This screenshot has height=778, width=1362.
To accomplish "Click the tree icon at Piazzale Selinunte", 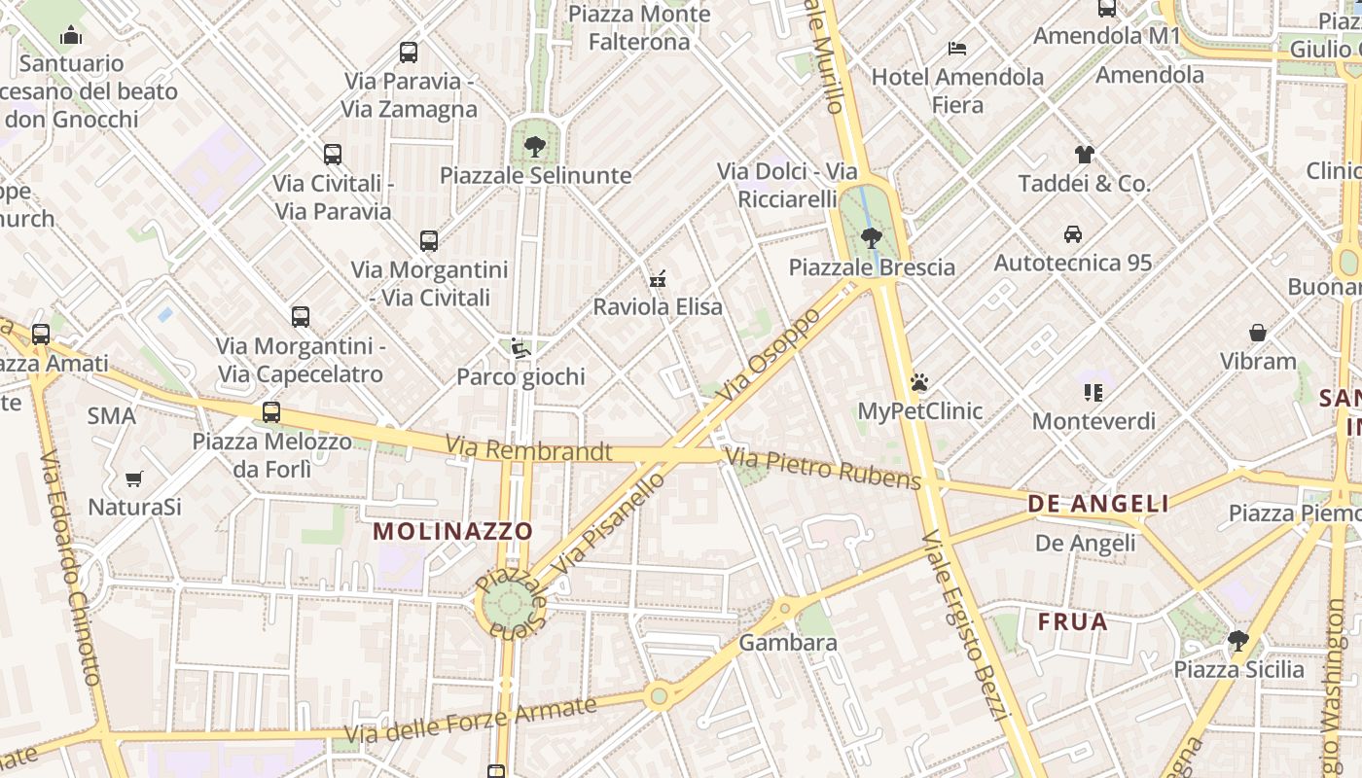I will pos(534,147).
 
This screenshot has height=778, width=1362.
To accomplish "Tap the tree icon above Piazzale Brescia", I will pos(872,237).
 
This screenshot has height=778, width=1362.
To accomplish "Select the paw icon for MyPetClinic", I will pos(919,382).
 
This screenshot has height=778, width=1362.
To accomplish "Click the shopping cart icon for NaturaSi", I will pos(134,478).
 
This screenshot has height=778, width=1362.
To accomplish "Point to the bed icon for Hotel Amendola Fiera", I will pos(957,48).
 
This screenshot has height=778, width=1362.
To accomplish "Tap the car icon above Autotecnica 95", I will pos(1073,233).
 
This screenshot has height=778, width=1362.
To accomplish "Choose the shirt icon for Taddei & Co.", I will pos(1085,154).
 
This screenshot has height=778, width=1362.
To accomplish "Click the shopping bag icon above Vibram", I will pos(1258,333).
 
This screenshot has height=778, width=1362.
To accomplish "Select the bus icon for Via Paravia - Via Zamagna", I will pos(409,53).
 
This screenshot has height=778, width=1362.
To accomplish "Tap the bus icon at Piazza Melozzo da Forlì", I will pos(271,412).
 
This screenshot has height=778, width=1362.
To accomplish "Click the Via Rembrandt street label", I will pos(529,450).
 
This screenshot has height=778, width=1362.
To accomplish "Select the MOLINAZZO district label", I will pos(453,531).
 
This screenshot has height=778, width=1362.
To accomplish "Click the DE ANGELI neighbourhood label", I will pos(1098,504).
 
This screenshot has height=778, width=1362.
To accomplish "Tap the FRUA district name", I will pos(1073,621).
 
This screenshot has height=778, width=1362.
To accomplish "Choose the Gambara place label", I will pos(788,643).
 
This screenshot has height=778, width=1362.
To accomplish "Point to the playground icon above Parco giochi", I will pos(520,348).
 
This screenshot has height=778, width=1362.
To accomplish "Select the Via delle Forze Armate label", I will pos(471,722).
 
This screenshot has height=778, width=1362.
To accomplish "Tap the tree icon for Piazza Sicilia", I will pos(1238,640).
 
